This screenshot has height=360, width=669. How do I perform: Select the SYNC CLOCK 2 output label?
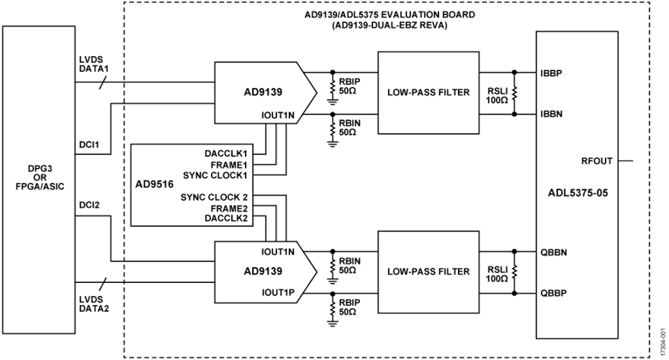214,197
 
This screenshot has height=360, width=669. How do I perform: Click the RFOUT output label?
596,161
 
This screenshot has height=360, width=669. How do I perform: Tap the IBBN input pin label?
552,114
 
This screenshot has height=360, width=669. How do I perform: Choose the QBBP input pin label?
552,293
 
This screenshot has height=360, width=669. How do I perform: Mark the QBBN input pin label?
552,253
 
